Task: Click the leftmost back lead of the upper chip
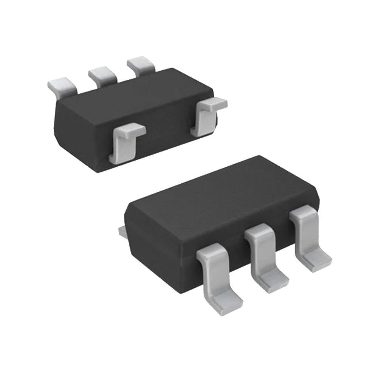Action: click(x=60, y=85)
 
